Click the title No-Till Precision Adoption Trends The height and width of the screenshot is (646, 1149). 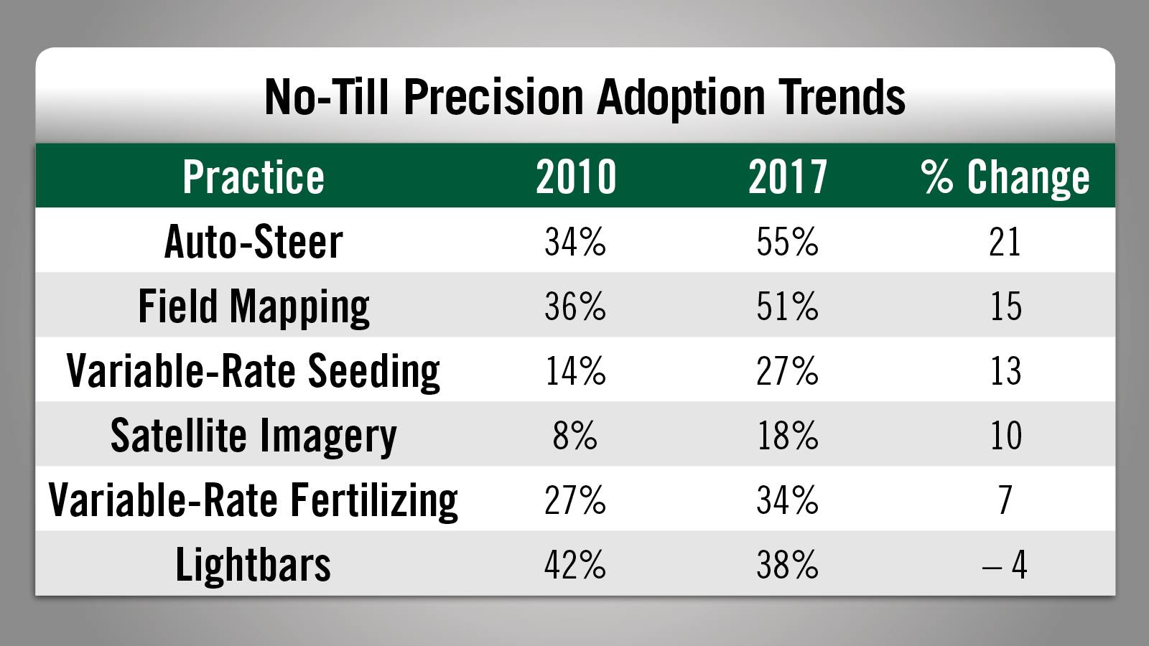[585, 97]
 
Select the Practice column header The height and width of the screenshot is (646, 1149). [253, 177]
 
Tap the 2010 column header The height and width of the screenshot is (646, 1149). [576, 177]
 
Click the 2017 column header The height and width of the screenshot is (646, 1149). [788, 177]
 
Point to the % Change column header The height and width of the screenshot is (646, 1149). [1005, 177]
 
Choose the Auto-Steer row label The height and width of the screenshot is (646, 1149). [253, 242]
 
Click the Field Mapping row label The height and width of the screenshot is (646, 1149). [253, 306]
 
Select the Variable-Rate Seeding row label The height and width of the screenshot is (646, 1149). [253, 371]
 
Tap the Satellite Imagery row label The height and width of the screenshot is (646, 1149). [253, 436]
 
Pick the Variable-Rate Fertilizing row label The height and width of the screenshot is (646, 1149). [253, 500]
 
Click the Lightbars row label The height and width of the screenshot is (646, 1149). [253, 565]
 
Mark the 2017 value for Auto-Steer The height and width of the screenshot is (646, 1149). [788, 242]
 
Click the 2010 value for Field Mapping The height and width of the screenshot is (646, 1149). [575, 306]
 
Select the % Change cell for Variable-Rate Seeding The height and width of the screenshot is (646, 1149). [1005, 371]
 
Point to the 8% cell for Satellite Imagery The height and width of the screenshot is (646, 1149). [575, 436]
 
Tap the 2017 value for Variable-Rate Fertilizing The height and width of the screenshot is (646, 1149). [788, 500]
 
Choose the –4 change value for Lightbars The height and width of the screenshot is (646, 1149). [1005, 565]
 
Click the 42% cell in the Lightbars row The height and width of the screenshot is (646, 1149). [575, 565]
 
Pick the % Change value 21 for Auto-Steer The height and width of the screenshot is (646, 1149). [1005, 242]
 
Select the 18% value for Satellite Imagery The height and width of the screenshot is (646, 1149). [788, 436]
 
